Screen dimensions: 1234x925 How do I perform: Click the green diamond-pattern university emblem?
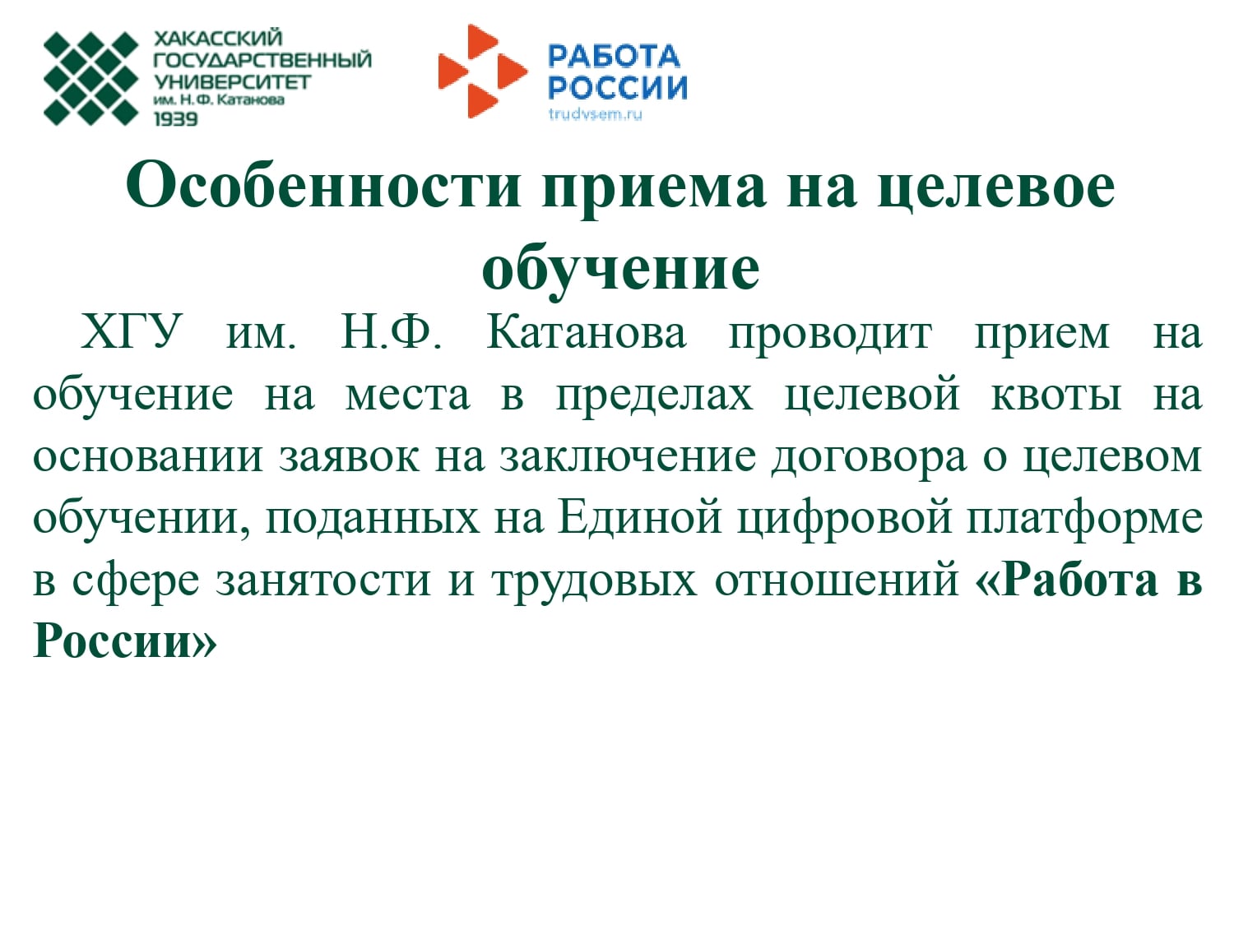pyautogui.click(x=91, y=78)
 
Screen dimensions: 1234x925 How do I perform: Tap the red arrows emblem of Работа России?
pyautogui.click(x=483, y=72)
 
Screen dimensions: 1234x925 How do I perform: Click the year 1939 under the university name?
pyautogui.click(x=176, y=119)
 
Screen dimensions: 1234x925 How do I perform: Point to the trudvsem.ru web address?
pyautogui.click(x=596, y=114)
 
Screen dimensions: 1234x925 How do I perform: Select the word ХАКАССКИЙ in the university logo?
pyautogui.click(x=218, y=38)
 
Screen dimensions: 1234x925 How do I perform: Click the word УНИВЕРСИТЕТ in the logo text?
pyautogui.click(x=232, y=82)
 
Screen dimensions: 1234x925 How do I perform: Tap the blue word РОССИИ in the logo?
pyautogui.click(x=618, y=88)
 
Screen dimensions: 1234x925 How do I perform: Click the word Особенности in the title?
pyautogui.click(x=323, y=186)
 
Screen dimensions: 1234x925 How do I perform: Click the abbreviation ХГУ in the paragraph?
pyautogui.click(x=132, y=332)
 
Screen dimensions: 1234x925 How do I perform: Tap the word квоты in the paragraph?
pyautogui.click(x=1056, y=395)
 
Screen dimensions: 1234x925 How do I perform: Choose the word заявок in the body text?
pyautogui.click(x=349, y=457)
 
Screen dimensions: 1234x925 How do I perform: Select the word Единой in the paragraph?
pyautogui.click(x=640, y=518)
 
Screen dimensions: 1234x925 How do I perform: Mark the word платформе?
pyautogui.click(x=1084, y=519)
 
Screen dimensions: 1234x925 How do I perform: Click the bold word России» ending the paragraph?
pyautogui.click(x=125, y=641)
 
